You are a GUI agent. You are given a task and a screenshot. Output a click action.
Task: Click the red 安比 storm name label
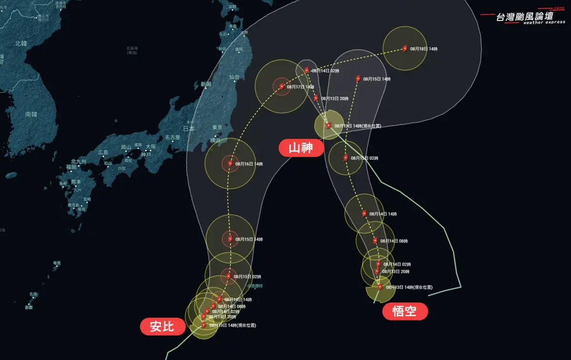[162, 327]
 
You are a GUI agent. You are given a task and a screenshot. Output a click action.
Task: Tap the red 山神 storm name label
[301, 148]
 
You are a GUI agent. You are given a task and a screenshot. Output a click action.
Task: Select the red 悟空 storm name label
[404, 311]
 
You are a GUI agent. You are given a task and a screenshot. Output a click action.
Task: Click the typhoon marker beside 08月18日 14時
[405, 48]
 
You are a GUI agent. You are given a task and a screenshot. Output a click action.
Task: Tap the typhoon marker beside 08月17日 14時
[282, 87]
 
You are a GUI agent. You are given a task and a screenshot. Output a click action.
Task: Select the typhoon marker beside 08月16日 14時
[230, 164]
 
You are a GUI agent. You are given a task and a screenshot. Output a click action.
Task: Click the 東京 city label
[217, 127]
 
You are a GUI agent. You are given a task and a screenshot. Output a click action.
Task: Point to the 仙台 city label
[234, 77]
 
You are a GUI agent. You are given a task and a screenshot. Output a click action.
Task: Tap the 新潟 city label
[206, 84]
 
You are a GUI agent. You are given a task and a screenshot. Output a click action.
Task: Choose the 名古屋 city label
[172, 137]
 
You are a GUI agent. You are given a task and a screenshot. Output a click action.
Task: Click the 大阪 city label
[151, 146]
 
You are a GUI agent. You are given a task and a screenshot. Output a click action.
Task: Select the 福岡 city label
[71, 167]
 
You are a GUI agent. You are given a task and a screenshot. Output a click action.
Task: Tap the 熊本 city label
[76, 182]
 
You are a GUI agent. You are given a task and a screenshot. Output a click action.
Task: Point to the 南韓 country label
[31, 114]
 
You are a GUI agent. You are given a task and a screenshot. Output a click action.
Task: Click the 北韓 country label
[21, 43]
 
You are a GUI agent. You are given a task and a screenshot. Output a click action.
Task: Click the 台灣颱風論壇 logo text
[524, 16]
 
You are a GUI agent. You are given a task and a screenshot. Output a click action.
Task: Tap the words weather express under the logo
[544, 22]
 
